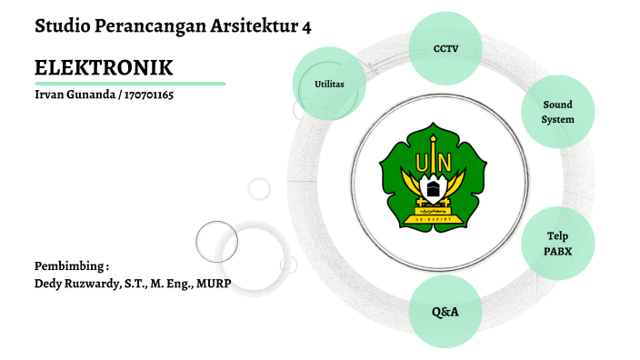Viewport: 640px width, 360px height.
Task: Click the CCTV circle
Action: pos(445,46)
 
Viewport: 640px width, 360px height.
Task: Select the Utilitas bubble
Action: pos(329,84)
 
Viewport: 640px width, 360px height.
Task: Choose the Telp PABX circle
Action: pos(557,244)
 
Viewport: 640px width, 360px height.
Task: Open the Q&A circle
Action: pos(445,312)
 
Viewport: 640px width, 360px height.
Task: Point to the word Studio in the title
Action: pos(65,27)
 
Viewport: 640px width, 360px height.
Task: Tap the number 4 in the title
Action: pos(305,27)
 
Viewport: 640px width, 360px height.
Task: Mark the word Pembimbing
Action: pos(69,266)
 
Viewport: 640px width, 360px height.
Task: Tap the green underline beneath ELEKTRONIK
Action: pos(130,84)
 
